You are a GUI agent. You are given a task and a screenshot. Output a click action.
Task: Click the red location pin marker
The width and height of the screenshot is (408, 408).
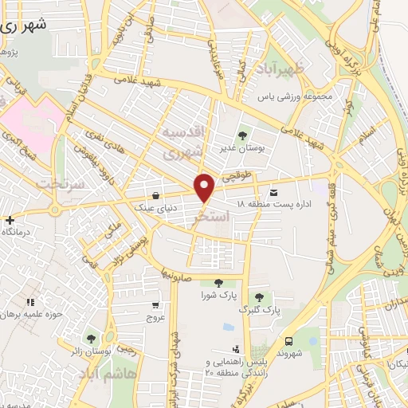point(205,188)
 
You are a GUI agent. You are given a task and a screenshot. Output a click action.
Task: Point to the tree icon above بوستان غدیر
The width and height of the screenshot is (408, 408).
point(242,134)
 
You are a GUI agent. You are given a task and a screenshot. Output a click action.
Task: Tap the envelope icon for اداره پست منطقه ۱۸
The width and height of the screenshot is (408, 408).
point(274,192)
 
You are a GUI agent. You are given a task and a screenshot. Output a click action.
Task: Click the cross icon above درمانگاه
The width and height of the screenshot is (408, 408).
point(10,219)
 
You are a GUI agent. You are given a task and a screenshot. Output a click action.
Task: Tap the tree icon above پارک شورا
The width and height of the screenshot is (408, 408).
point(218,283)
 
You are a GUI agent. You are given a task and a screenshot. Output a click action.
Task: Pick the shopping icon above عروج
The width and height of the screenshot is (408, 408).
point(155,304)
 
